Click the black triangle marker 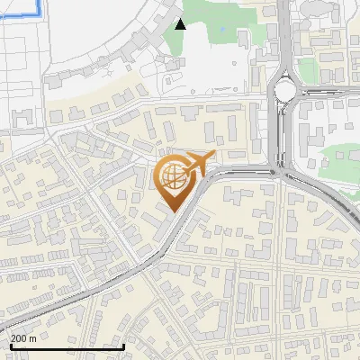(x=181, y=24)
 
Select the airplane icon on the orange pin (x=199, y=163)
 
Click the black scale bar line (x=67, y=346)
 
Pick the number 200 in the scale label (x=20, y=338)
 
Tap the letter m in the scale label (x=33, y=338)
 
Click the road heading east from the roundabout (x=333, y=91)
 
